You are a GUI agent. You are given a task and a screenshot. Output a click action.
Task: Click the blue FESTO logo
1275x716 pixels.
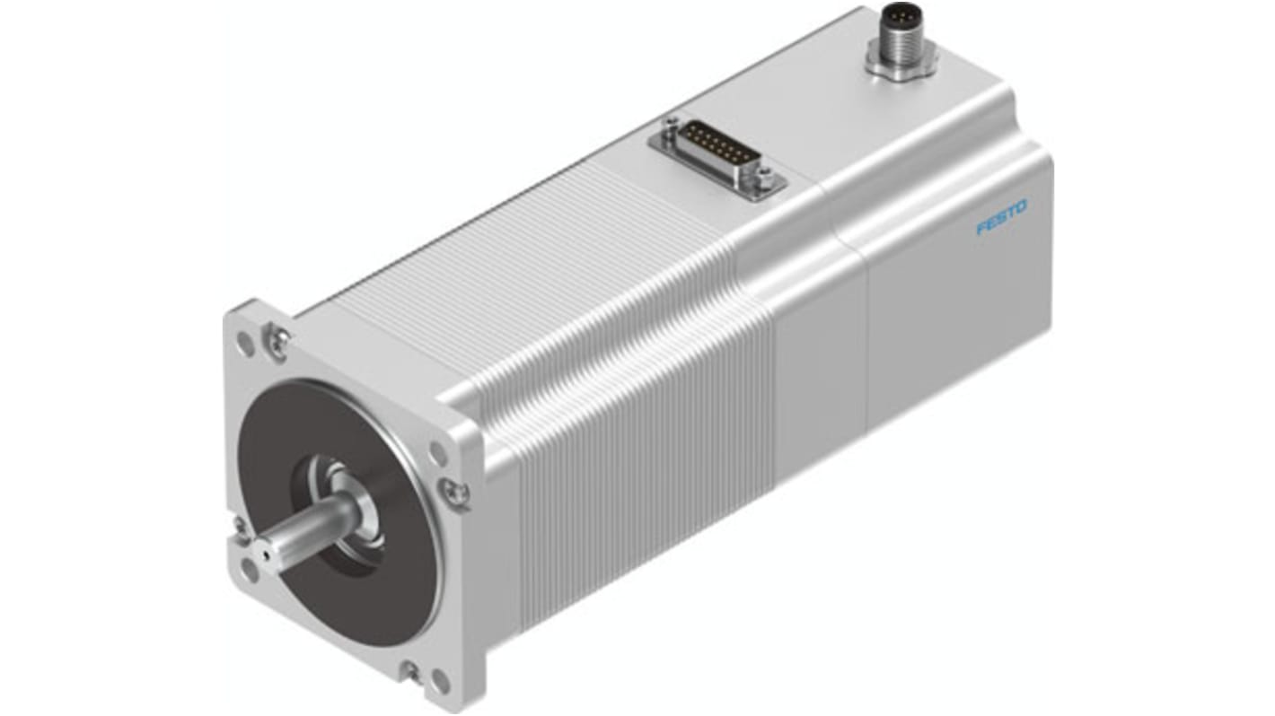pyautogui.click(x=1001, y=218)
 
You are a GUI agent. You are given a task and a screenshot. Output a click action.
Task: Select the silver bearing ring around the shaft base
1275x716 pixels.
pyautogui.click(x=346, y=502)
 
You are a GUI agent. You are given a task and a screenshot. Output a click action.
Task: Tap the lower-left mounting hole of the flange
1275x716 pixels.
pyautogui.click(x=248, y=566)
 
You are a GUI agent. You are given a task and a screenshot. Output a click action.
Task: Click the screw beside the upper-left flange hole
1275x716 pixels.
pyautogui.click(x=277, y=338)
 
